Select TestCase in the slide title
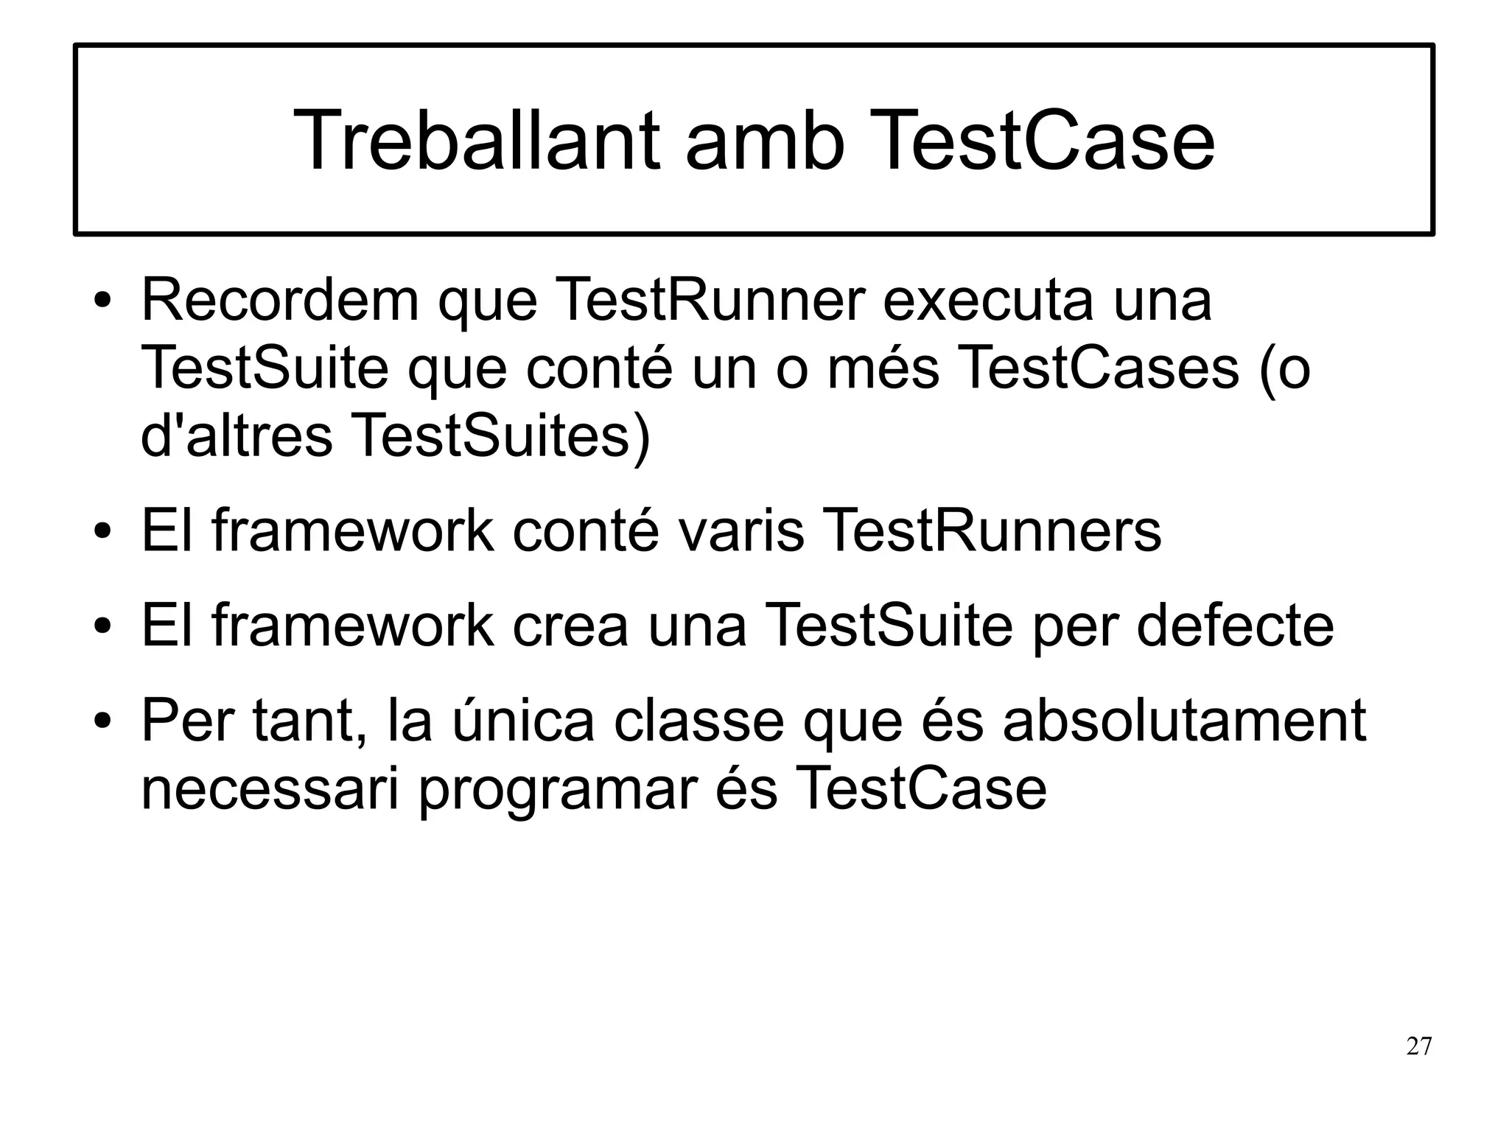coord(1046,140)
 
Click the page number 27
coord(1419,1046)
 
